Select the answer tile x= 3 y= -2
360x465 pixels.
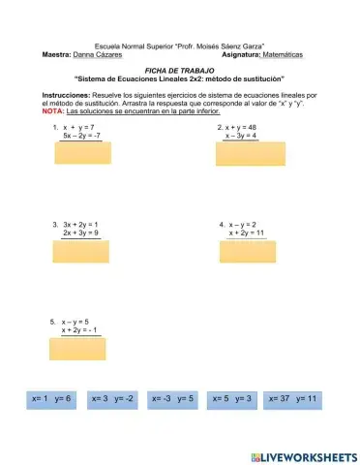[113, 398]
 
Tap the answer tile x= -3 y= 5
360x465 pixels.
[173, 398]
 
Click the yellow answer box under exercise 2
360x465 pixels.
[245, 154]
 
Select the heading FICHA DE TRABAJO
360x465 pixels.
[178, 71]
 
